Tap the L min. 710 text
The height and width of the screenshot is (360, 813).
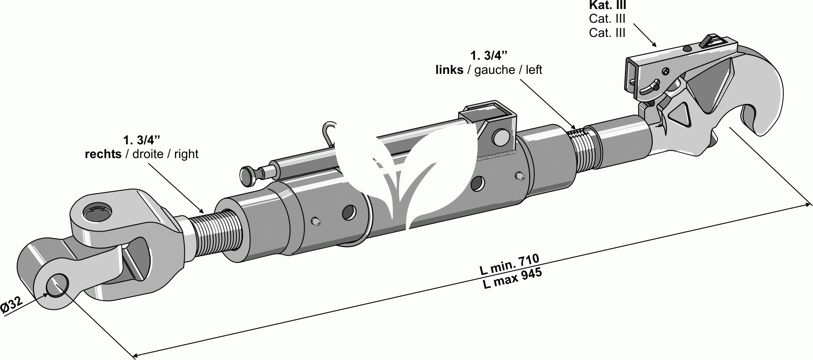coord(509,265)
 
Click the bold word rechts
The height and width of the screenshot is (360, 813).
coord(103,154)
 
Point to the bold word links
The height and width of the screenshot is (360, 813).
coord(449,70)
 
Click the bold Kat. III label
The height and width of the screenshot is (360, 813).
coord(607,6)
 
